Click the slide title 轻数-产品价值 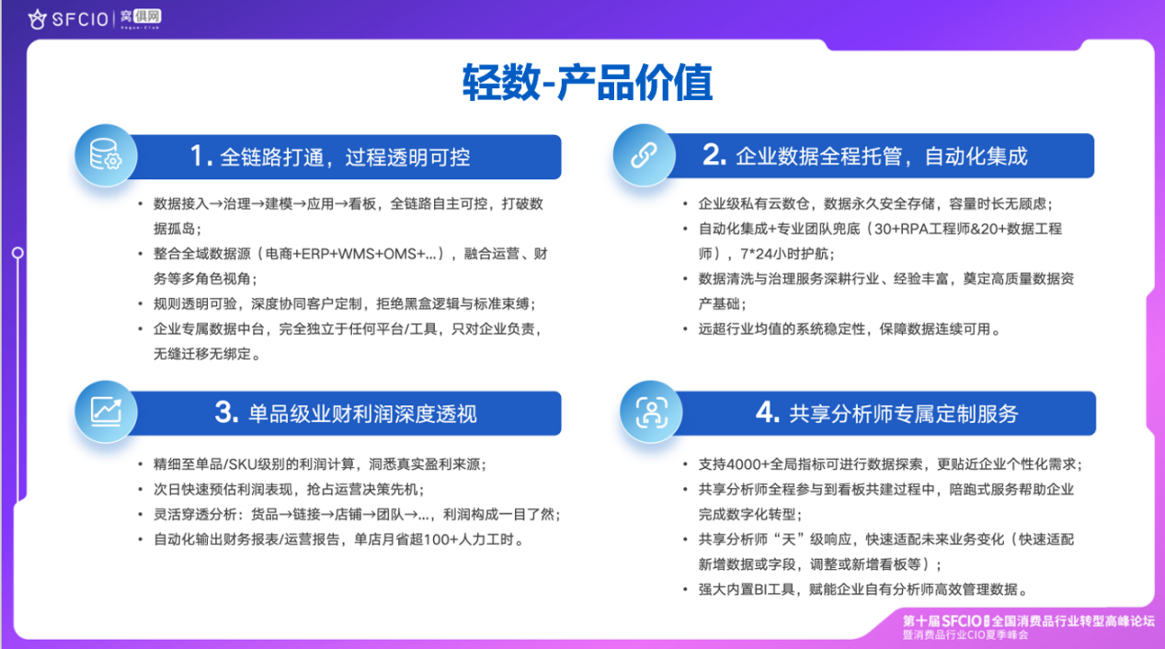point(588,83)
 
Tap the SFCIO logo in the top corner point(68,19)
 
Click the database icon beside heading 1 point(106,155)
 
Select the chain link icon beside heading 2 point(644,155)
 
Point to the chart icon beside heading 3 point(106,412)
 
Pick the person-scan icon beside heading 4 point(651,412)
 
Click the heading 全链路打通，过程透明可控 point(345,157)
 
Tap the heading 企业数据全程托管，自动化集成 point(882,156)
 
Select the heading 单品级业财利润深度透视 point(362,414)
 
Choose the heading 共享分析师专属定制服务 point(903,414)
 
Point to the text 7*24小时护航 point(784,254)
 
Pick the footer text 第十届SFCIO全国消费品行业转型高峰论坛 point(1028,621)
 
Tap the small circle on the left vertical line point(17,253)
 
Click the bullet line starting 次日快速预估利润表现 point(289,489)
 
